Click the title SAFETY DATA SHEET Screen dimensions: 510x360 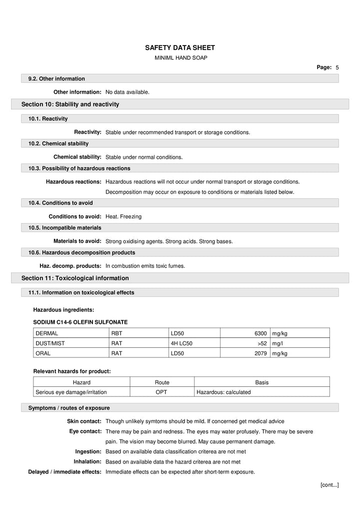(x=179, y=48)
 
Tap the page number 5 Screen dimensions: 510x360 (x=337, y=67)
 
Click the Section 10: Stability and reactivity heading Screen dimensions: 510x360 (x=70, y=104)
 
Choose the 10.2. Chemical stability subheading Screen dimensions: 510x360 (x=58, y=144)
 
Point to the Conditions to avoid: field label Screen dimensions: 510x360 (x=75, y=217)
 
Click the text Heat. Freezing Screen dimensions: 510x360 (x=123, y=217)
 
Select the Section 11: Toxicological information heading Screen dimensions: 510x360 (x=75, y=278)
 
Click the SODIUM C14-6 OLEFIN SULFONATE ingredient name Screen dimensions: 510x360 (x=80, y=322)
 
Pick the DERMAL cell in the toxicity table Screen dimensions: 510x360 (x=47, y=333)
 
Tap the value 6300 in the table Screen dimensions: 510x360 (x=260, y=333)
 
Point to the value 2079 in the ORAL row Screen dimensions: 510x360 (x=260, y=353)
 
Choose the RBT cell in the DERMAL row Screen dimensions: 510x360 (x=116, y=333)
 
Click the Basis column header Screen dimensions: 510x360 (x=261, y=382)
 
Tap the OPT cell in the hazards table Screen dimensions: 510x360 (x=161, y=392)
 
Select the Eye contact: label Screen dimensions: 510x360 (x=85, y=431)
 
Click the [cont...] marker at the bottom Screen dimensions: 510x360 (x=329, y=484)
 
